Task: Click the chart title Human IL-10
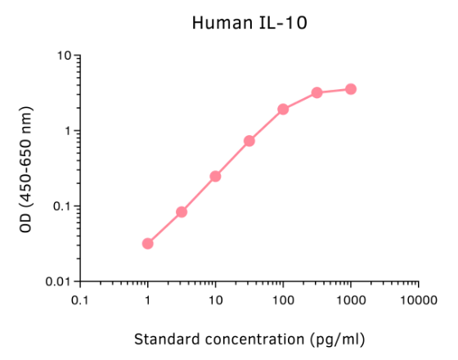click(x=249, y=22)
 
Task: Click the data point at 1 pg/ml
click(x=148, y=244)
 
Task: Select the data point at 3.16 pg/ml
click(x=182, y=212)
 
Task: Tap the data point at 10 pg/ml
click(x=215, y=176)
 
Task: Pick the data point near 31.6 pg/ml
click(x=249, y=141)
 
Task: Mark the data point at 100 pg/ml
click(x=283, y=109)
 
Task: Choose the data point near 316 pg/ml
click(x=317, y=92)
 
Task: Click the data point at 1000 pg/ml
click(x=351, y=88)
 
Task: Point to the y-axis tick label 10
click(x=63, y=56)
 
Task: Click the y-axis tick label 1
click(x=68, y=131)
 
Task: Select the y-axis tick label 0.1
click(x=61, y=206)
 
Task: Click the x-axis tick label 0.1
click(x=80, y=300)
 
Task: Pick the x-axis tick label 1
click(x=148, y=300)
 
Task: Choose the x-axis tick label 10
click(x=215, y=300)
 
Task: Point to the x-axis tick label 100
click(x=283, y=300)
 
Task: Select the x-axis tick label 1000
click(x=351, y=300)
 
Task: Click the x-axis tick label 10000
click(x=418, y=300)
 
